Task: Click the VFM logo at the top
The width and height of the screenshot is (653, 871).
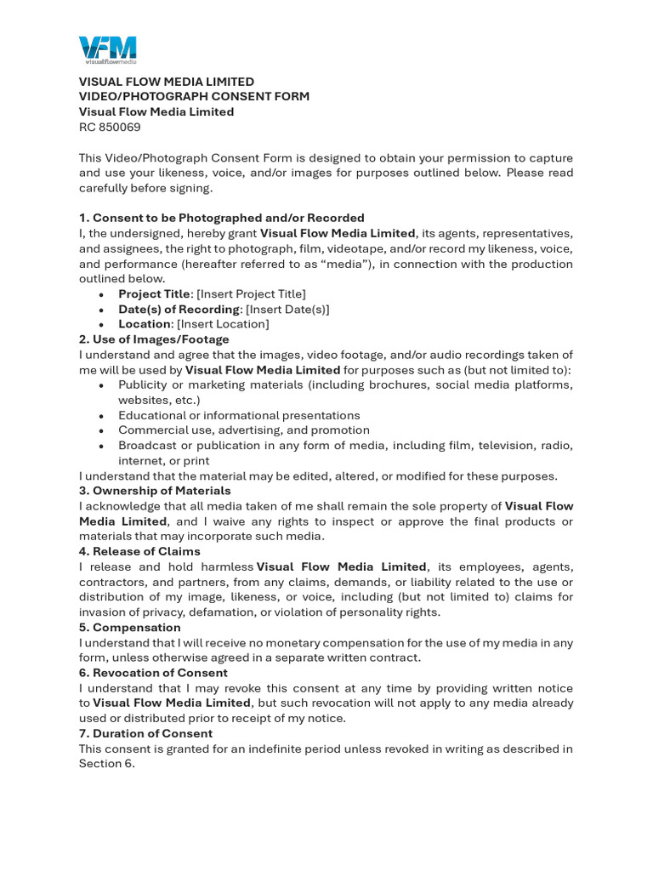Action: (x=107, y=50)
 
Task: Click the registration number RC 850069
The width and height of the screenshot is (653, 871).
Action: (x=110, y=128)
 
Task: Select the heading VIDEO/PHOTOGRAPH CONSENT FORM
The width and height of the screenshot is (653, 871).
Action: (x=194, y=97)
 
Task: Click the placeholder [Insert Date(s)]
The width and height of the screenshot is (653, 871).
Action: (x=287, y=309)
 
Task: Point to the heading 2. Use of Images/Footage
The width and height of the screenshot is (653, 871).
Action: (x=154, y=339)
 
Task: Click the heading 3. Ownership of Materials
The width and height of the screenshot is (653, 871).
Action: (x=155, y=491)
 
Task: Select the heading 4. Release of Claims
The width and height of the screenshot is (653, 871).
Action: (x=139, y=551)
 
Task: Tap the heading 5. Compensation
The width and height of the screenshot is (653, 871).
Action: (x=129, y=628)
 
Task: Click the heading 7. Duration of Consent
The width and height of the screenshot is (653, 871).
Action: (x=145, y=733)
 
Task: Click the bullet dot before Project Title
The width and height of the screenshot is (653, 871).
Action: (x=102, y=294)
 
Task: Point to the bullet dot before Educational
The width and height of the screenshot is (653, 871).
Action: (x=102, y=416)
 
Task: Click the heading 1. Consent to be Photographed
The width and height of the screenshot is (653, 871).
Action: (x=221, y=218)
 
